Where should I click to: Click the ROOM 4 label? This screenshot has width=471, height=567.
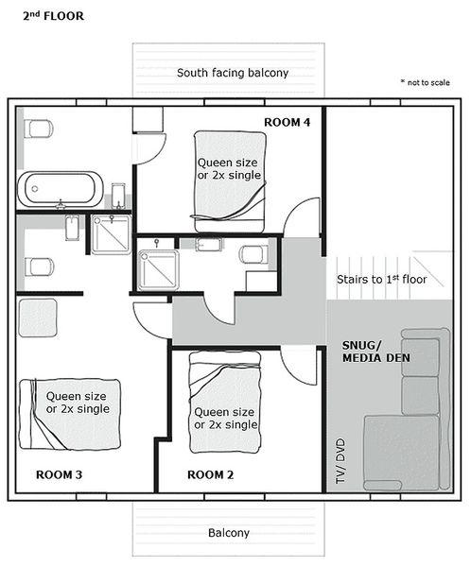(x=287, y=122)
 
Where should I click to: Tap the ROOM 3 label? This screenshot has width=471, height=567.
(x=59, y=474)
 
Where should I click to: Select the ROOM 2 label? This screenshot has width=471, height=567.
(x=210, y=474)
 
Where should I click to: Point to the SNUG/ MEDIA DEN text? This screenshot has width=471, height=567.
(x=375, y=352)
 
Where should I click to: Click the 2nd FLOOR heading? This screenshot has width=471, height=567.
(x=53, y=16)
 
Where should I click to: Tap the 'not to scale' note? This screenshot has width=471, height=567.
(x=426, y=82)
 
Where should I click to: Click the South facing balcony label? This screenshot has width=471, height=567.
(x=233, y=73)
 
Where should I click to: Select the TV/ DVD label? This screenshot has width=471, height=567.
(x=340, y=461)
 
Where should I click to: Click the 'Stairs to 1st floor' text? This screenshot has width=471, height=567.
(x=381, y=279)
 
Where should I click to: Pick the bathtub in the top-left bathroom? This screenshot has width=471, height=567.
(x=61, y=189)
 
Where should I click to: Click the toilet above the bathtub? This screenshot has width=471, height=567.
(x=39, y=129)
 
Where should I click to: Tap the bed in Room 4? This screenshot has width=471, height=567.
(x=230, y=181)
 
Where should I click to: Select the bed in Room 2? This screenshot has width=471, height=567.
(x=225, y=403)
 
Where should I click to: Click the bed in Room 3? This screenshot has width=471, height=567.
(x=69, y=415)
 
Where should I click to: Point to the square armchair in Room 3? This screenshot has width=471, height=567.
(x=38, y=318)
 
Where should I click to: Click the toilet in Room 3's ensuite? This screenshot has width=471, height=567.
(x=39, y=266)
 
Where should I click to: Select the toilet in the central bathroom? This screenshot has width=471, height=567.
(x=253, y=254)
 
